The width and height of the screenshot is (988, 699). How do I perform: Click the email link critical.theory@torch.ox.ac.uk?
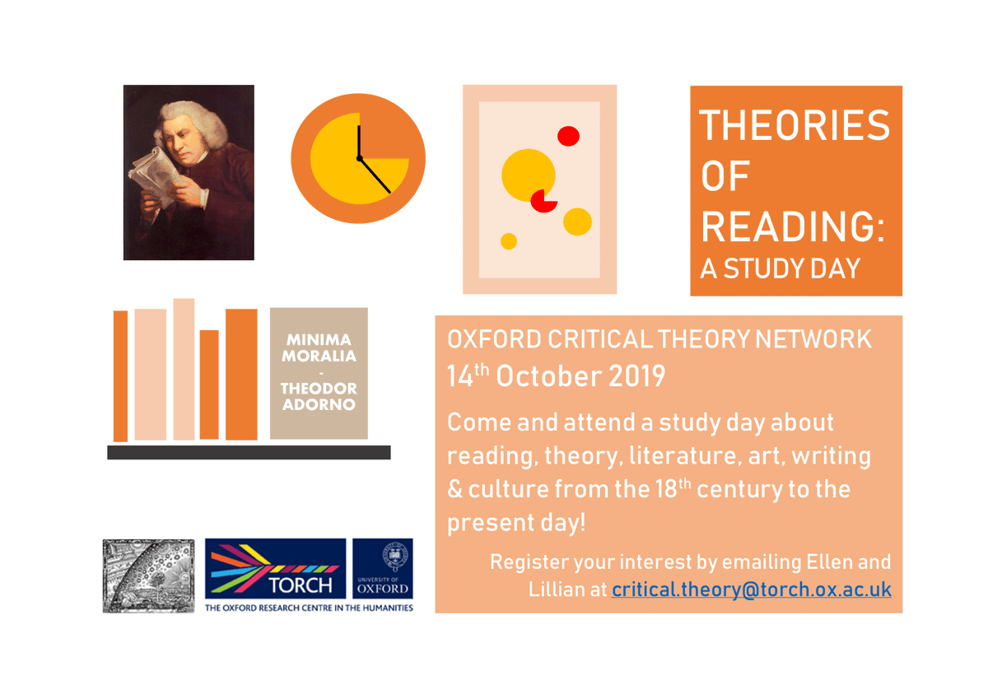click(x=751, y=589)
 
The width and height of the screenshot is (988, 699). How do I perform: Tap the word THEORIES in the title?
click(x=795, y=126)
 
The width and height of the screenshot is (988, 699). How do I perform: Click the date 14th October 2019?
click(x=556, y=375)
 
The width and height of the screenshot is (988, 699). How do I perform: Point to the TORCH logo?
click(x=275, y=570)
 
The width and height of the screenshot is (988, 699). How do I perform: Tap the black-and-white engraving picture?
click(x=148, y=576)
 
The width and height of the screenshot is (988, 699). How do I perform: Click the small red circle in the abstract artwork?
click(x=569, y=136)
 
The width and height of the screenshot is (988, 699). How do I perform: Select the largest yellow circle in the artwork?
click(x=527, y=175)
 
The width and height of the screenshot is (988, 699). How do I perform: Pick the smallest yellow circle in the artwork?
click(x=509, y=241)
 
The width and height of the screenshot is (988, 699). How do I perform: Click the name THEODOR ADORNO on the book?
click(x=319, y=396)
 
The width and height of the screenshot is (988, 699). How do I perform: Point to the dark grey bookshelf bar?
click(x=249, y=452)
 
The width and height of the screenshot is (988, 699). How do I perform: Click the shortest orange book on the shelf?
click(x=209, y=384)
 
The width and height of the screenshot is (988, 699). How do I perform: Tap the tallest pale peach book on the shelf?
click(x=184, y=369)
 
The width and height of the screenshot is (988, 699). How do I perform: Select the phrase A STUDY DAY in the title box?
click(x=780, y=268)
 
